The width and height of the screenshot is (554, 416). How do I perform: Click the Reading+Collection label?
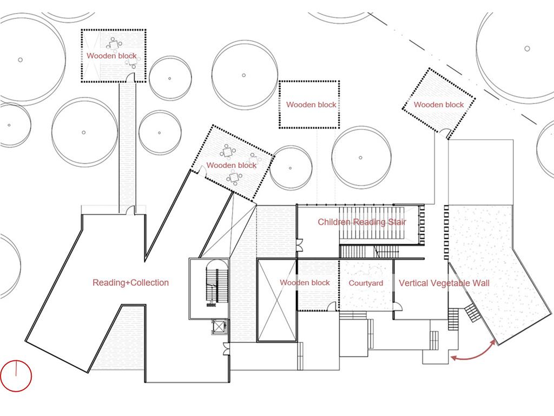pos(131,283)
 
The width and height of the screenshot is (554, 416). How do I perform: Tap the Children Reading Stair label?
pos(362,222)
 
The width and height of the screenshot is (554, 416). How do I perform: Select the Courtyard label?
pos(366,283)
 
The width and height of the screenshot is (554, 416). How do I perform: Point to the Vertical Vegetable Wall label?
pos(444,283)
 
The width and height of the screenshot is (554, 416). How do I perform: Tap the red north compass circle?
pos(16,376)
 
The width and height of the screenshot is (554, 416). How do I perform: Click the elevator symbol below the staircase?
pos(219,326)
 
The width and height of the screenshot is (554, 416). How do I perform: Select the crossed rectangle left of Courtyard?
pos(276,301)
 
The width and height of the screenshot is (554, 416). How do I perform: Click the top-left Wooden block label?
pos(111,56)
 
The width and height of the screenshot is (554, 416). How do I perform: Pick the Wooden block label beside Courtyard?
pos(305,283)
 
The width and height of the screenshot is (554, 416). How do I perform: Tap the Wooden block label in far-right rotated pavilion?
pos(438,105)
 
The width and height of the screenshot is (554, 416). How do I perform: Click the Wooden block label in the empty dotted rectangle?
pos(311,105)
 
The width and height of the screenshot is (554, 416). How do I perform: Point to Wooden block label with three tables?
pos(232,165)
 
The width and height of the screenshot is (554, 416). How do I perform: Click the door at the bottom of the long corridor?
pos(130,210)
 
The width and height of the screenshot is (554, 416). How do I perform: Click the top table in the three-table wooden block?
pos(228,152)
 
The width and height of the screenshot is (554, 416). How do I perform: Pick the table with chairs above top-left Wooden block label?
pos(114,45)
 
